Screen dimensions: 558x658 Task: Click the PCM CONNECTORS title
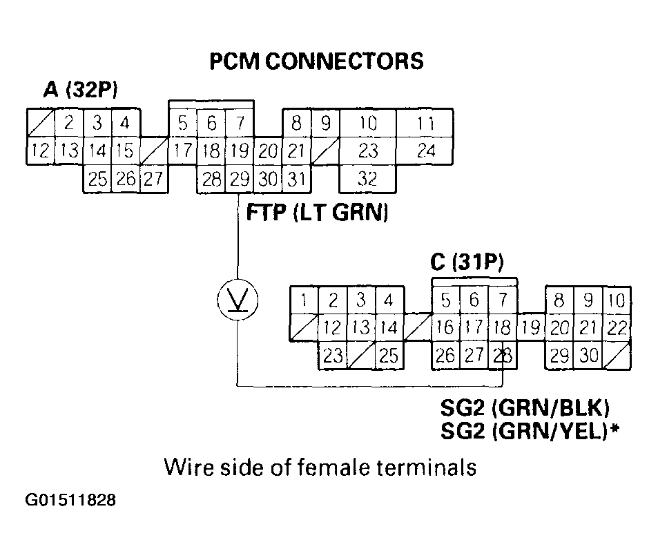pos(316,61)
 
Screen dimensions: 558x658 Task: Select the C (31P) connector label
pos(467,262)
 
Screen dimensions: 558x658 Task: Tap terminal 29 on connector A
pos(240,180)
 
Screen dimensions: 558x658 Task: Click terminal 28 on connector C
pos(503,356)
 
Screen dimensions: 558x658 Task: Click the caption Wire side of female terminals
pos(320,468)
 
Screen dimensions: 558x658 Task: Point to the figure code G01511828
pos(71,499)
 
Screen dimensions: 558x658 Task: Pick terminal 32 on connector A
pos(368,180)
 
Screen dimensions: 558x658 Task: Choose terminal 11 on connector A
pos(426,124)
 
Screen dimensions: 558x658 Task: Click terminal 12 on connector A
pos(41,151)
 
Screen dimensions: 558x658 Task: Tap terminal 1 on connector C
pos(303,300)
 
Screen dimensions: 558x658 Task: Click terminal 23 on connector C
pos(333,356)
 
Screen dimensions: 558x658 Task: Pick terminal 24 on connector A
pos(426,151)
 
